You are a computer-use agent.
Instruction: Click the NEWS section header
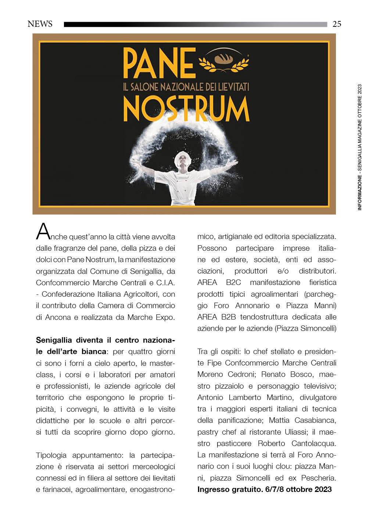(x=40, y=24)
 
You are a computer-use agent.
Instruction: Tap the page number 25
(x=337, y=24)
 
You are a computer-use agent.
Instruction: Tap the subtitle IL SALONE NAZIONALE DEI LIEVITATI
(x=186, y=86)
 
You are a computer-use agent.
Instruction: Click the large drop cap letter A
(x=43, y=231)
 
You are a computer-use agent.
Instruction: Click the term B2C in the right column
(x=231, y=282)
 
